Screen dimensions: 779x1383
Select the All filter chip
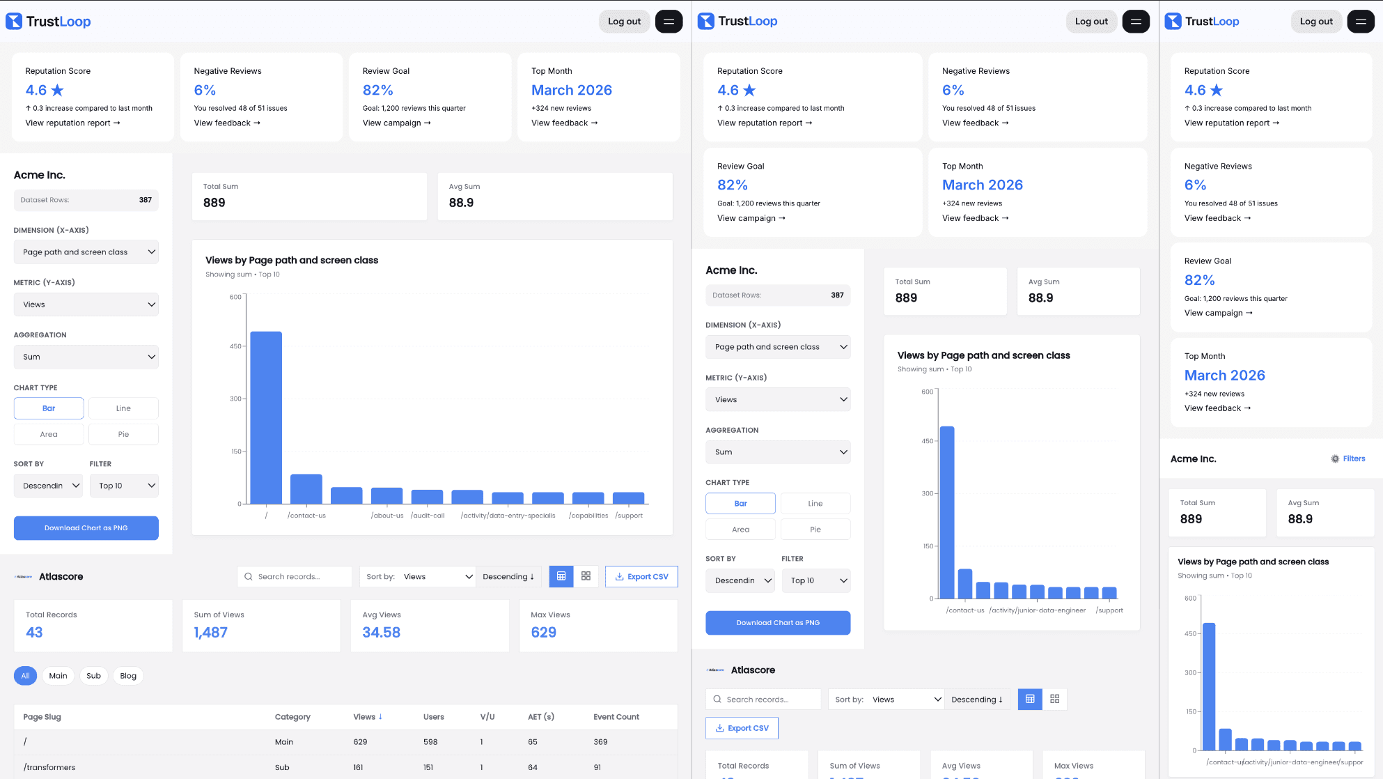point(25,676)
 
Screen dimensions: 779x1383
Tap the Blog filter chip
point(128,676)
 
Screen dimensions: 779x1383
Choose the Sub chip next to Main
point(93,676)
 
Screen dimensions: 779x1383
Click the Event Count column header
point(616,716)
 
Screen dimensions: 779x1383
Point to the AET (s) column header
point(540,716)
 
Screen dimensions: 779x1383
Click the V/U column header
point(487,716)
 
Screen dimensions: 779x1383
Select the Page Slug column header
point(42,716)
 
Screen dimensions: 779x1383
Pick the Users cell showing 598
point(430,742)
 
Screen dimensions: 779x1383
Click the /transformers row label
point(49,767)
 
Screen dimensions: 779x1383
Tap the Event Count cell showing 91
point(597,767)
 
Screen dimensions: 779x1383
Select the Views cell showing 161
point(358,767)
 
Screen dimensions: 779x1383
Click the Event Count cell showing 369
point(600,742)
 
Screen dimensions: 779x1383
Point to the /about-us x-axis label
point(387,516)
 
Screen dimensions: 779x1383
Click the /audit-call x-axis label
point(428,516)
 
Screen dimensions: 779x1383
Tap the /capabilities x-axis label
point(588,516)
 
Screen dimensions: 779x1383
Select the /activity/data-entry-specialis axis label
point(508,516)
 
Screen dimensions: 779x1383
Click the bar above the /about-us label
point(386,495)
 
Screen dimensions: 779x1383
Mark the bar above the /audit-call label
point(427,497)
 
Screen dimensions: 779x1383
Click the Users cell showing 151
point(428,767)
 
